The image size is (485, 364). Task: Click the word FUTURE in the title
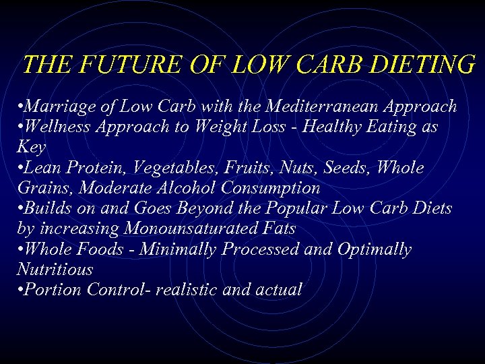tap(111, 65)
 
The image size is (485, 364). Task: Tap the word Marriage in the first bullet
tap(57, 107)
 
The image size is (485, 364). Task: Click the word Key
tap(30, 147)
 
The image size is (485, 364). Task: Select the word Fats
tap(278, 229)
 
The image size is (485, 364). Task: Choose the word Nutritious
tap(55, 270)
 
